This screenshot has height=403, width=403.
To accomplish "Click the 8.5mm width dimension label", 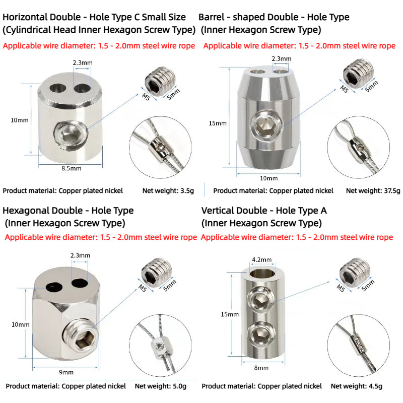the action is (72, 169).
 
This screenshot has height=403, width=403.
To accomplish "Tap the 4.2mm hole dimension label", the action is (261, 259).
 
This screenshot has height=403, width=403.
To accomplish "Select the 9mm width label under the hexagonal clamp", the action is (66, 372).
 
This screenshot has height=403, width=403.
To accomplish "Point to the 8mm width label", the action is (261, 368).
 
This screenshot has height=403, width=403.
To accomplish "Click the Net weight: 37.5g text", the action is (373, 191).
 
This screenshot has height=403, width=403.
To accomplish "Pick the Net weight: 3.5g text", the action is (168, 191).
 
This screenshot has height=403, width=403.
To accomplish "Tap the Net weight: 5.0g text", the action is (161, 386).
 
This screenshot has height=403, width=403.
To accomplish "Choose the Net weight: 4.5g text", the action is (357, 386).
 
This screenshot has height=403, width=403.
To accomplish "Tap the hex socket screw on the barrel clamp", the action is (266, 124).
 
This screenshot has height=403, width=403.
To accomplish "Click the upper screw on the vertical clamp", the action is (261, 299).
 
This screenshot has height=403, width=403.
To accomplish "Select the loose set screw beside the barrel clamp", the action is (358, 74).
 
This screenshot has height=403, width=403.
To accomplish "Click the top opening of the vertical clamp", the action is (262, 274).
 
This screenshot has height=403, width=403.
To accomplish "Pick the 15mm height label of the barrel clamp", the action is (218, 123).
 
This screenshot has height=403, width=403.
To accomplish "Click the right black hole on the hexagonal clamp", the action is (80, 283).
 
